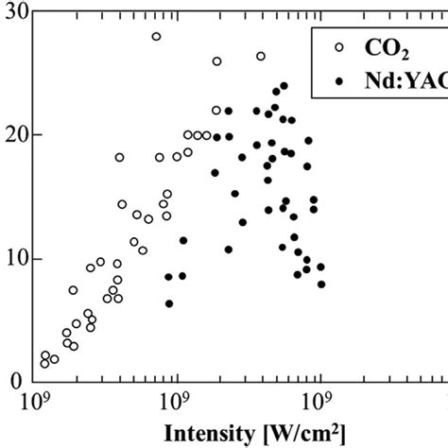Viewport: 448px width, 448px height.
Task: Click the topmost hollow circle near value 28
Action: click(156, 37)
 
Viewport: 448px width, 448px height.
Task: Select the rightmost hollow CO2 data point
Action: click(261, 57)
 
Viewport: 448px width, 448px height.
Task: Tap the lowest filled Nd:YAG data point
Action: click(169, 303)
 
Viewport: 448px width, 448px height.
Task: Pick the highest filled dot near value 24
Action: click(284, 86)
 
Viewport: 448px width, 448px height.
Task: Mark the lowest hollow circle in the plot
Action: click(43, 363)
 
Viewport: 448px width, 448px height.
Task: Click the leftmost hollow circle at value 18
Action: click(119, 158)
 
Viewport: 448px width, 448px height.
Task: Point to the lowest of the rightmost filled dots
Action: click(321, 284)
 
